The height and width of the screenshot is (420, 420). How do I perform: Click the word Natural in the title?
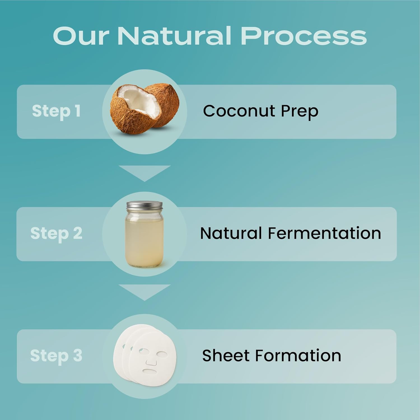pyautogui.click(x=174, y=36)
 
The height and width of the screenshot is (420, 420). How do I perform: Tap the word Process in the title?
pyautogui.click(x=304, y=36)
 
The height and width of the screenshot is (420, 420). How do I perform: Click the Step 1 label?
pyautogui.click(x=56, y=111)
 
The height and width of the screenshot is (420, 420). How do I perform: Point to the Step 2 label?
pyautogui.click(x=56, y=233)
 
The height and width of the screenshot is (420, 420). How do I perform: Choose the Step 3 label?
pyautogui.click(x=56, y=356)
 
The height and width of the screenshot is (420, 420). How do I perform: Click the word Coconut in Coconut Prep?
pyautogui.click(x=239, y=111)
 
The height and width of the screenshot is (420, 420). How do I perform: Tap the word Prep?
pyautogui.click(x=299, y=112)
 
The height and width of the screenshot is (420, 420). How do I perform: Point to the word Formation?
pyautogui.click(x=298, y=355)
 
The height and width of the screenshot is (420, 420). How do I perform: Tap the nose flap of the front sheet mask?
pyautogui.click(x=151, y=362)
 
